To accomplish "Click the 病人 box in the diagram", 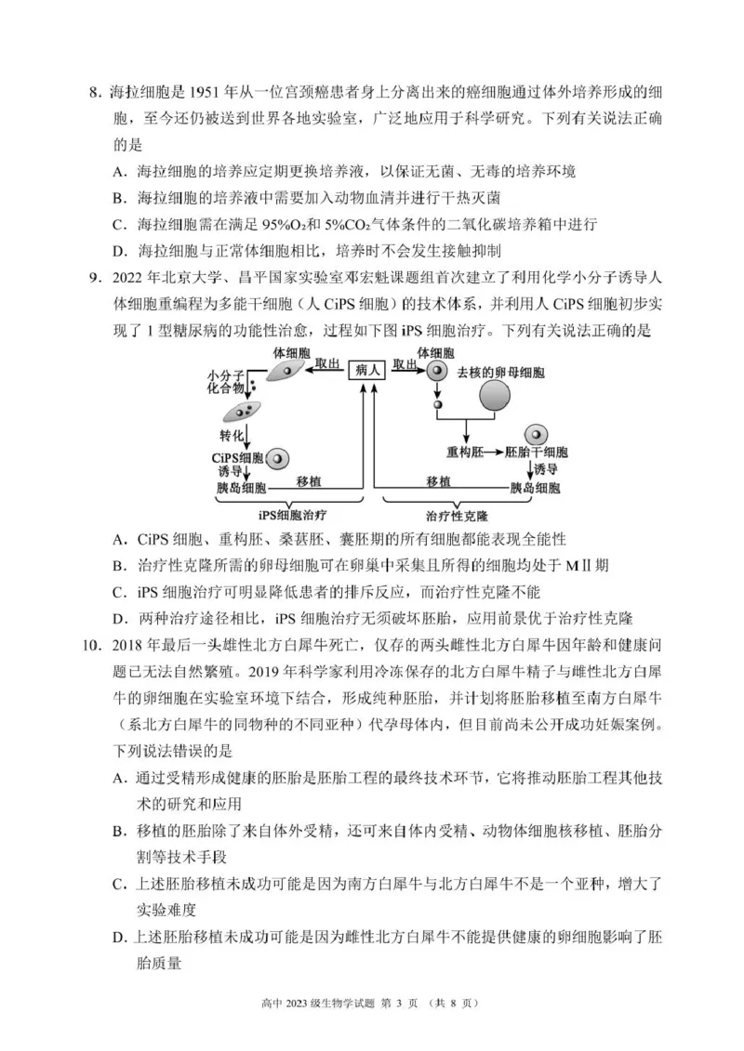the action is (x=366, y=370).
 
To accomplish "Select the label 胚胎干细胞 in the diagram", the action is (x=536, y=452).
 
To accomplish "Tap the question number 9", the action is (x=93, y=278).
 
